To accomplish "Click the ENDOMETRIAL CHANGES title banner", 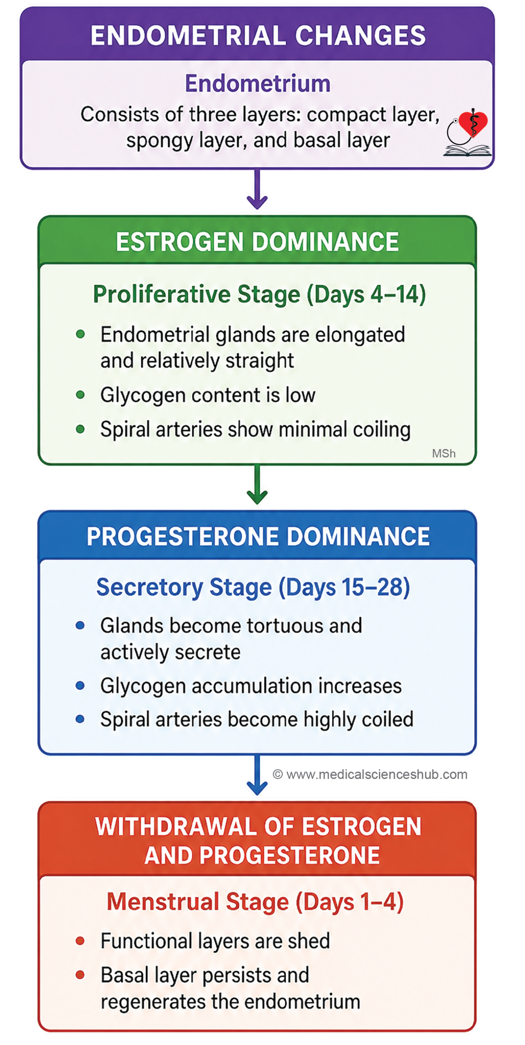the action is point(258,35).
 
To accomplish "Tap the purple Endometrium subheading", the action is point(258,83).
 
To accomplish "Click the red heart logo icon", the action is point(473,124).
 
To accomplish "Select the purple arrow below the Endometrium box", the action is point(257,189).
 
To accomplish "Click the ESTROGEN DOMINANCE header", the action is point(257,242).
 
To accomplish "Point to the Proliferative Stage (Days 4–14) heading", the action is point(259,294).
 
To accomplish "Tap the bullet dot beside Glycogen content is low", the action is point(80,395).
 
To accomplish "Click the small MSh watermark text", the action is point(444,454).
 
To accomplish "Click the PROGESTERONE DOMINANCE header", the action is point(258,536).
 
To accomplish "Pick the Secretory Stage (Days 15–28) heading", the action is point(253,587).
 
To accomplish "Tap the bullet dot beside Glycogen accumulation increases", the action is point(80,685).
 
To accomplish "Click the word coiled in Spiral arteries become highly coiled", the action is point(388,719).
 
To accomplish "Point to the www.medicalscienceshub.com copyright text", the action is point(370,774).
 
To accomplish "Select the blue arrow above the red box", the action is point(257,775).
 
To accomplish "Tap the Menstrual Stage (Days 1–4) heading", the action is point(255,902).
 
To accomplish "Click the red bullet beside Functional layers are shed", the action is point(80,941).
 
